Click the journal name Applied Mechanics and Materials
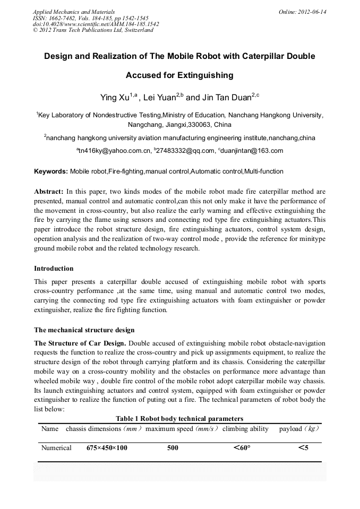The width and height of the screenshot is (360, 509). (73, 11)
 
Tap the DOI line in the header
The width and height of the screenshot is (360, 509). (96, 24)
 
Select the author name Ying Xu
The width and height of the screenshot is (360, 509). (116, 98)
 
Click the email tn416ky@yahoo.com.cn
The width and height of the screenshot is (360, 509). (115, 151)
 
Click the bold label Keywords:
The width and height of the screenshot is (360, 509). (51, 171)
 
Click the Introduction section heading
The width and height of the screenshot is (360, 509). (54, 269)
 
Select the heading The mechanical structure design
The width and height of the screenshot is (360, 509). (84, 330)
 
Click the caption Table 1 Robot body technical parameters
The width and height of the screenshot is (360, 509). (179, 419)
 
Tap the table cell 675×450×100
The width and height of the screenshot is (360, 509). (107, 448)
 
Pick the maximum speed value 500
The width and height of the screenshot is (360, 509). (173, 448)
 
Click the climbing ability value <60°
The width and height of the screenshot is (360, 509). (242, 448)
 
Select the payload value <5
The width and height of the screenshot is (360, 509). (303, 448)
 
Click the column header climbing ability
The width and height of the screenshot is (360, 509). (245, 429)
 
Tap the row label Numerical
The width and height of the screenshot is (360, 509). (56, 448)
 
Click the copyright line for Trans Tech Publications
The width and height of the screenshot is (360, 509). (93, 30)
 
